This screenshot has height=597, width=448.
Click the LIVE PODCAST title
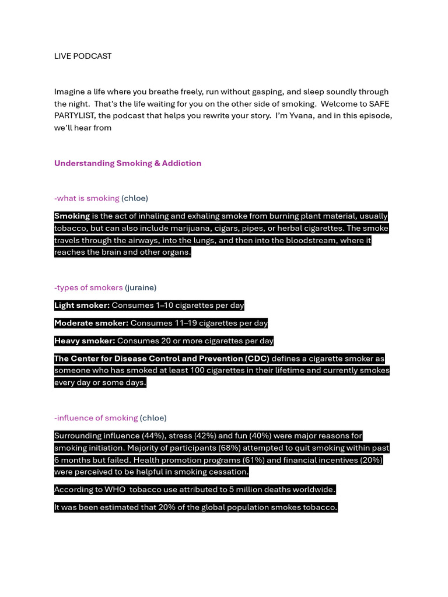(83, 56)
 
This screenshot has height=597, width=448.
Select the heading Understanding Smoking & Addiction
(128, 163)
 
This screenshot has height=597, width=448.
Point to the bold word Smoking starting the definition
(72, 216)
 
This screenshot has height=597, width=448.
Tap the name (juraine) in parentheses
(141, 287)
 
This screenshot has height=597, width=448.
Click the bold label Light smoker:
(82, 305)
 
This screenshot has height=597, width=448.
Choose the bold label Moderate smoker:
(91, 323)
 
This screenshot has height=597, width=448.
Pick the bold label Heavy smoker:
(85, 341)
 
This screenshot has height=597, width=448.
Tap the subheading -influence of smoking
(96, 418)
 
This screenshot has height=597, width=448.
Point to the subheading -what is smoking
(86, 198)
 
